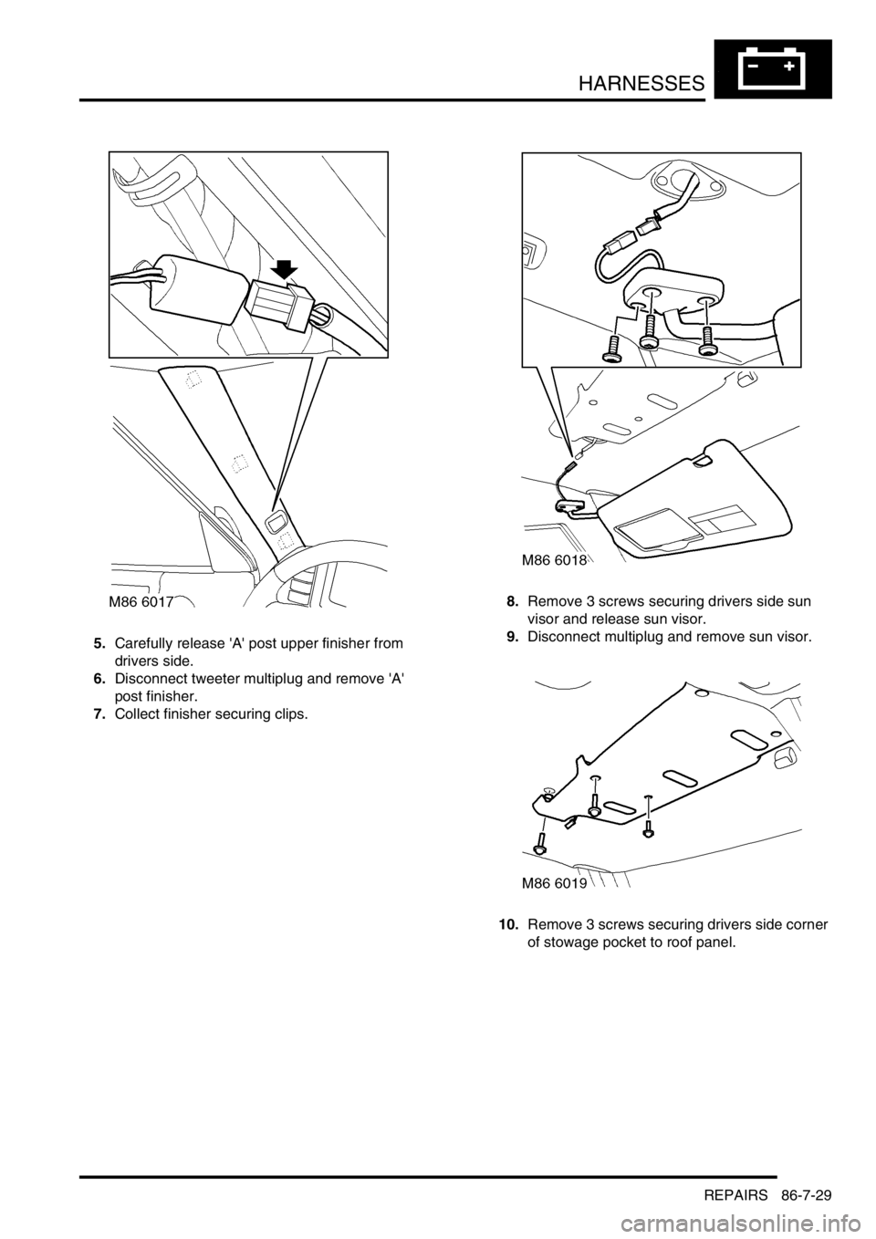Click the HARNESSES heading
coord(642,85)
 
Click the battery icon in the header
coord(773,69)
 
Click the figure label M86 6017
coord(141,601)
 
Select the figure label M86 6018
coord(554,560)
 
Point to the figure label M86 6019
coord(554,883)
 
